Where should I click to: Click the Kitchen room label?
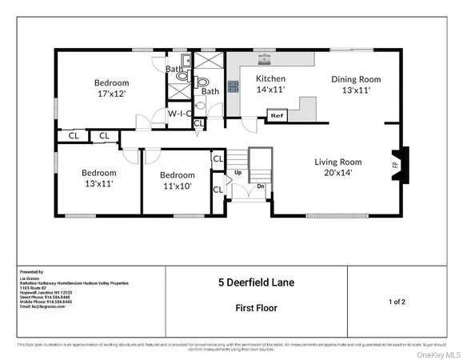pos(271,78)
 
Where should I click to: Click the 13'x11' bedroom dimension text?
pos(98,184)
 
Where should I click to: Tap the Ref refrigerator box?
pos(277,116)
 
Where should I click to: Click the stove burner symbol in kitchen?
pos(234,87)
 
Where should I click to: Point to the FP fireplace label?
pos(394,166)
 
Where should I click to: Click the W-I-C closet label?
pos(178,114)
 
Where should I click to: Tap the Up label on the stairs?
pos(237,173)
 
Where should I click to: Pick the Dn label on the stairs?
pos(260,186)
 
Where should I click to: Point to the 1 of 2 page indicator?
pos(397,302)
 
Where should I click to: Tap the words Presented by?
pos(31,272)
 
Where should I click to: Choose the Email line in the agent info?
pos(48,306)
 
